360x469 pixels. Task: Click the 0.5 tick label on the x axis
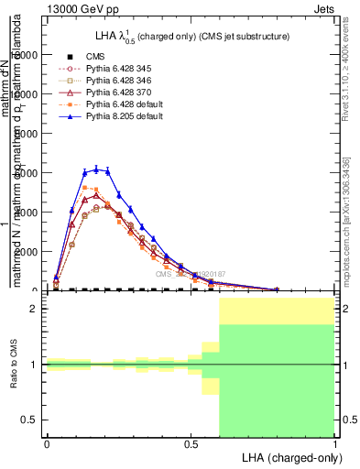click(191, 442)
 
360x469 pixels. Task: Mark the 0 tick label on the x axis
click(47, 442)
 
